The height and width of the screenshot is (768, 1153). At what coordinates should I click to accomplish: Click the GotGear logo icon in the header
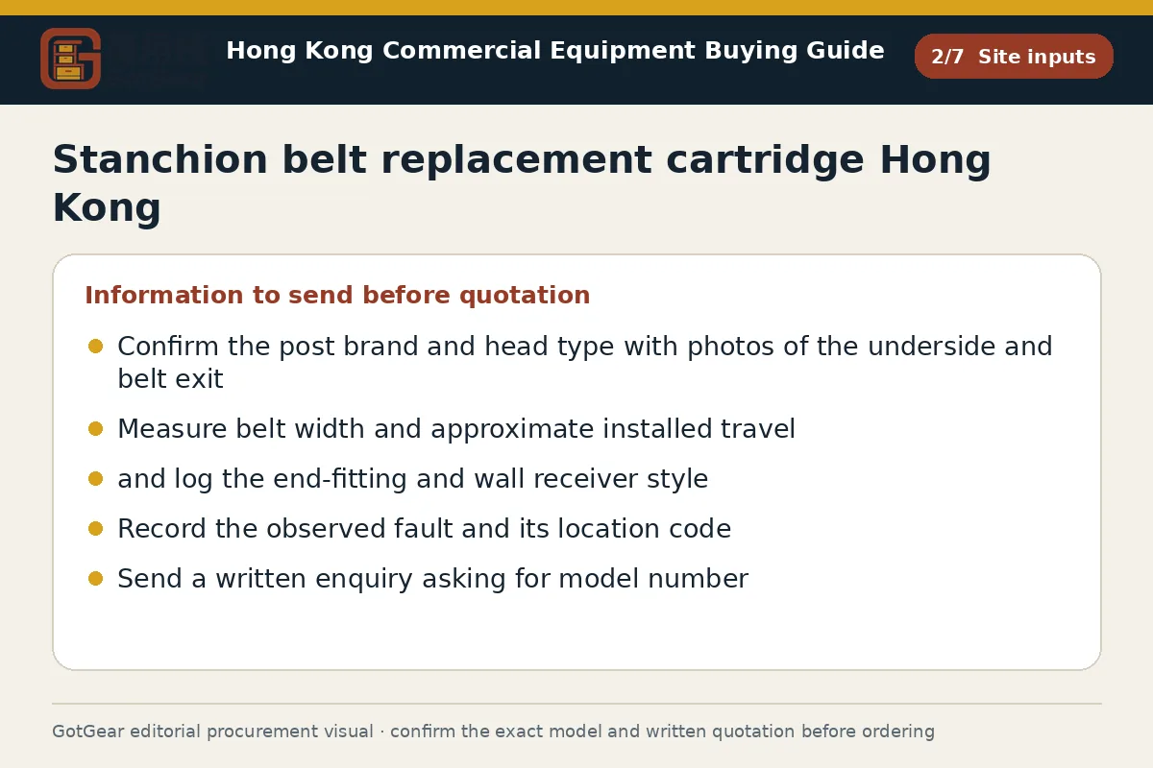pos(70,59)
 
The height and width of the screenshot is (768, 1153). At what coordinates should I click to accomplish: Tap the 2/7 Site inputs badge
pos(1014,57)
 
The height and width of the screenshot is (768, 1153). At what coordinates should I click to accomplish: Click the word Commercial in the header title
pos(462,51)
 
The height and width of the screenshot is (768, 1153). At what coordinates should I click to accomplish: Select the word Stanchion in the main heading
pos(160,159)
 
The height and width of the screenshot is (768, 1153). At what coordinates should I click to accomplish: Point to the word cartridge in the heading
pos(765,159)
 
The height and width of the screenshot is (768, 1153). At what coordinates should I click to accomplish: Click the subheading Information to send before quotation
pos(337,296)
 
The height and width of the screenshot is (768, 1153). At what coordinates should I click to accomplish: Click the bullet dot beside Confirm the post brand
pos(96,347)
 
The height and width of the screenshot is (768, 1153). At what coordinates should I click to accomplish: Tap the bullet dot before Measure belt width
pos(96,428)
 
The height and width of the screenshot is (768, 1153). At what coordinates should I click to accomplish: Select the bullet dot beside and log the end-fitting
pos(96,479)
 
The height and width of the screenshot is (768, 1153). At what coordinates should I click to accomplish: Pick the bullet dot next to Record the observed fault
pos(96,529)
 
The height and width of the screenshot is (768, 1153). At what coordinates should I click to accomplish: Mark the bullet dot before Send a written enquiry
pos(96,579)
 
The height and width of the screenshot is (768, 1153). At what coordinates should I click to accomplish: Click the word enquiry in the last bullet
pos(364,579)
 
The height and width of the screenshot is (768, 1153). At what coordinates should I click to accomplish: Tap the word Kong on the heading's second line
pos(107,207)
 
